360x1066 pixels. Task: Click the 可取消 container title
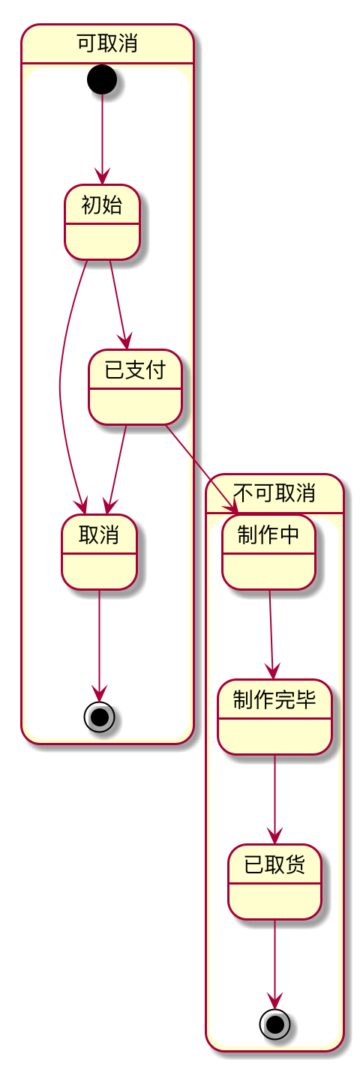pos(107,43)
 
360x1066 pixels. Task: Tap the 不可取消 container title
pos(274,493)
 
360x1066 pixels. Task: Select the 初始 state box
pos(103,222)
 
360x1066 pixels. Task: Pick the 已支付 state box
pos(135,387)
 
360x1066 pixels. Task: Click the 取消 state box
pos(99,552)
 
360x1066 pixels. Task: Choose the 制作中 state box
pos(268,552)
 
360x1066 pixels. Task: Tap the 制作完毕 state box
pos(274,717)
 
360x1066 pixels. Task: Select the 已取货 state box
pos(274,882)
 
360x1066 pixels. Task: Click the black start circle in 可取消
pos(102,79)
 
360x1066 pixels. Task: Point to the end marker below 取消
pos(99,717)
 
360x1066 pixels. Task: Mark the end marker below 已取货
pos(274,1024)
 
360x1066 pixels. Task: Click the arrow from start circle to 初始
pos(102,139)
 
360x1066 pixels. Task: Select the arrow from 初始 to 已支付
pos(118,304)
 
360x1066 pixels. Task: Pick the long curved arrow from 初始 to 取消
pos(60,385)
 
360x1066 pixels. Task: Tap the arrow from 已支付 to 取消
pos(117,469)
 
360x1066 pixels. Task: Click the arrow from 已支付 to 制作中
pos(200,469)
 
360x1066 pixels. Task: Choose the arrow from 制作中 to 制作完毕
pos(271,634)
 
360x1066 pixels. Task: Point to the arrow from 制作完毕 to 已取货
pos(274,799)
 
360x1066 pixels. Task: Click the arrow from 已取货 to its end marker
pos(274,964)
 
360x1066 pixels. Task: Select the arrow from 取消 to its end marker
pos(99,645)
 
